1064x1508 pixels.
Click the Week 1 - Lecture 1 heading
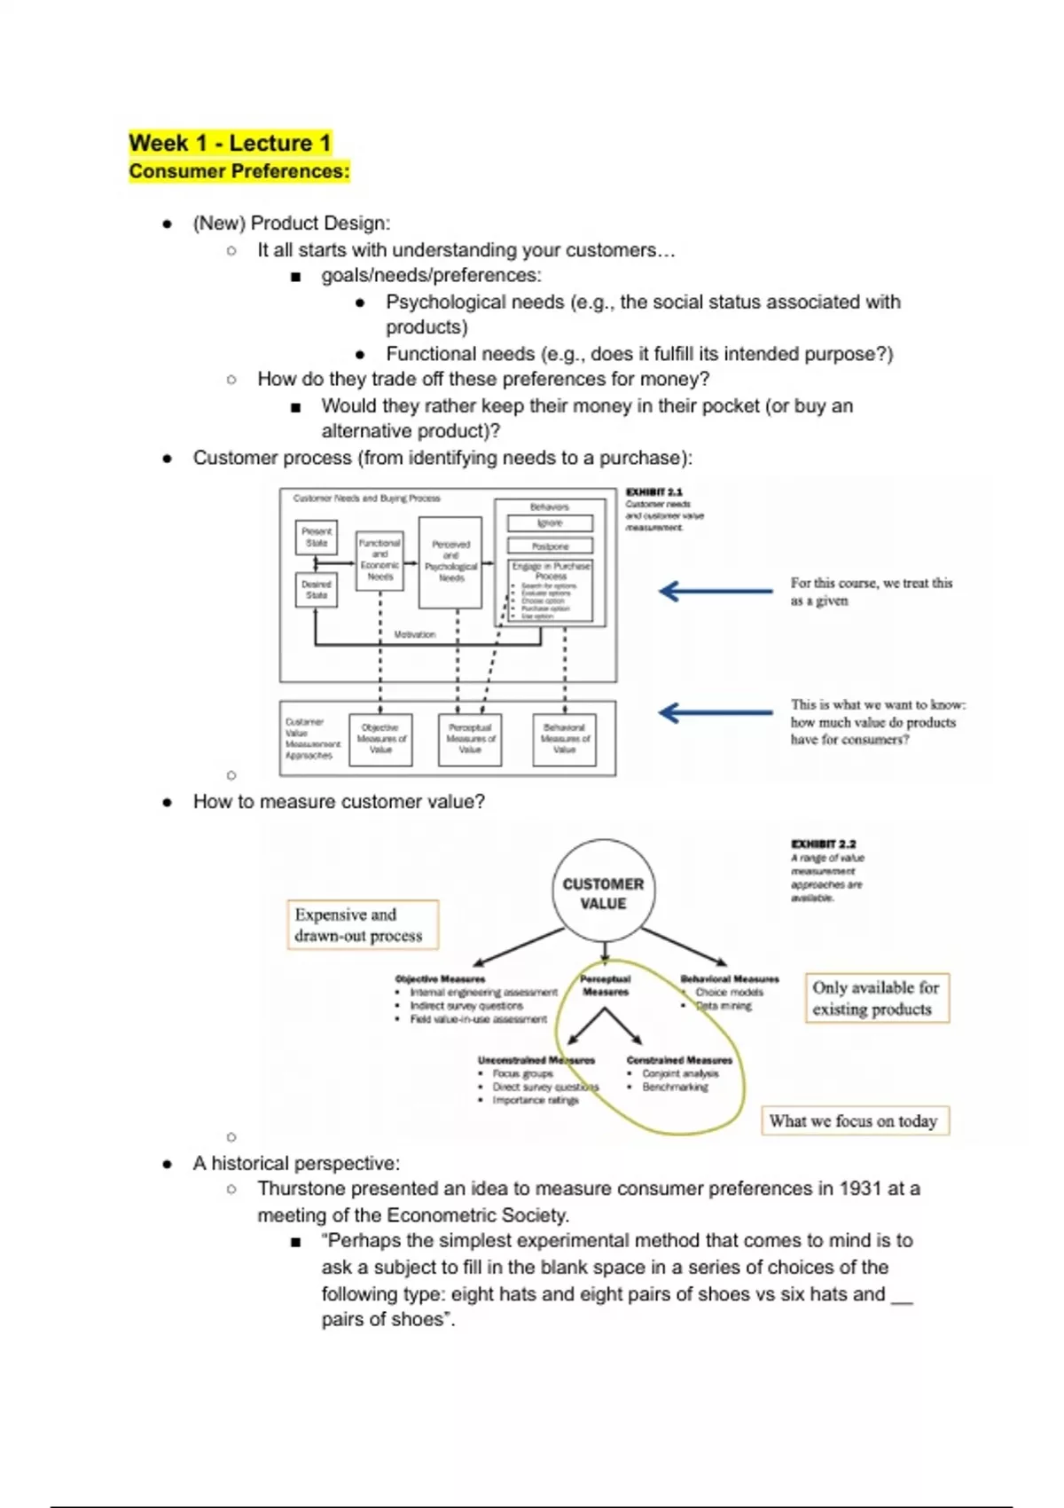230,143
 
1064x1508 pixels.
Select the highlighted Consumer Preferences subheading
239,171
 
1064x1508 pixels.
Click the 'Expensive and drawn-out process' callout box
362,925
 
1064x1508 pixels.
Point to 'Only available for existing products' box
876,998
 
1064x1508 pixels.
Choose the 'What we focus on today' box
854,1120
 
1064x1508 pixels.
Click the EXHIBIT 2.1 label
654,491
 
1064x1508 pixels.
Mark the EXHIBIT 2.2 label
823,844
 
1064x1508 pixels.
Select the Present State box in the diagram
317,537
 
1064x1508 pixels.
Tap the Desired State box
317,590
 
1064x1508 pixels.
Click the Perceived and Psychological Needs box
450,562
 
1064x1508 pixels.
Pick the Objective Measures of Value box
381,739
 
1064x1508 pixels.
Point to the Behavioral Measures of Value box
565,739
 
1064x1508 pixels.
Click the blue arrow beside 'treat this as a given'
716,591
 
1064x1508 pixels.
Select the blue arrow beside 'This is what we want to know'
716,712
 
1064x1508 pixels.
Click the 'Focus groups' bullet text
522,1073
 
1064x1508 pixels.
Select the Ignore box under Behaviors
550,523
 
